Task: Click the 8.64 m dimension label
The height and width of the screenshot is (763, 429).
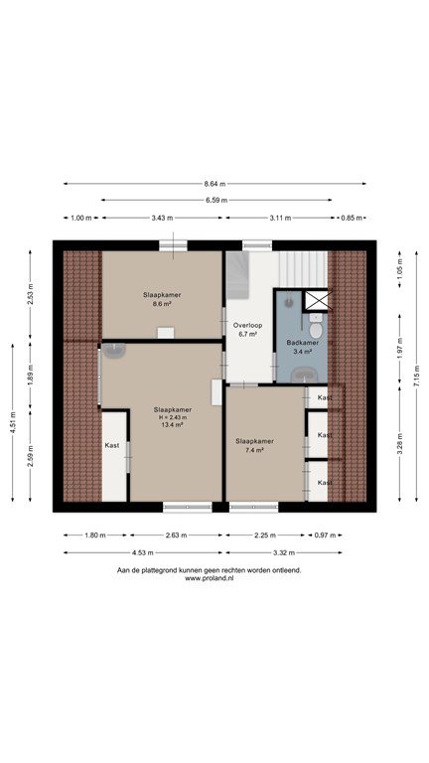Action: click(214, 184)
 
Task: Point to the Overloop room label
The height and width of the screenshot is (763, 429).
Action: click(244, 325)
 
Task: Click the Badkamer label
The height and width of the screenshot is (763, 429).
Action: click(303, 343)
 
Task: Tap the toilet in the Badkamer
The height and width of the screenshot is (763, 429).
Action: click(316, 326)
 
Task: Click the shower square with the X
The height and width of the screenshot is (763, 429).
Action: click(318, 300)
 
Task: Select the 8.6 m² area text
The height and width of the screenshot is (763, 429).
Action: click(162, 303)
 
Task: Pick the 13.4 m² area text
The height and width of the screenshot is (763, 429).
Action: click(172, 425)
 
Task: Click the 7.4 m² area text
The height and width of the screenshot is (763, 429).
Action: click(254, 450)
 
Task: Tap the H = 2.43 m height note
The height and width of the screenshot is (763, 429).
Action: click(172, 417)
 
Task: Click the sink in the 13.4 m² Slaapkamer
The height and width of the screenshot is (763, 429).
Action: click(113, 351)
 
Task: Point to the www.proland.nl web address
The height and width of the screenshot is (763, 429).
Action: click(210, 578)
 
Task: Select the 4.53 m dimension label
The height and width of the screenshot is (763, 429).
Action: click(143, 552)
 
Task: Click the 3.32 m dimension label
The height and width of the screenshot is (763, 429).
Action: click(284, 552)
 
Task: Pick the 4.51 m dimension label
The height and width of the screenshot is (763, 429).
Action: click(13, 422)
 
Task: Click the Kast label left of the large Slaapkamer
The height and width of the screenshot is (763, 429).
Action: click(112, 445)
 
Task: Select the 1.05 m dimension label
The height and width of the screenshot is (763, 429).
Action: click(400, 270)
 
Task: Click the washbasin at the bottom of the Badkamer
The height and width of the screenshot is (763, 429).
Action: click(304, 376)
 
